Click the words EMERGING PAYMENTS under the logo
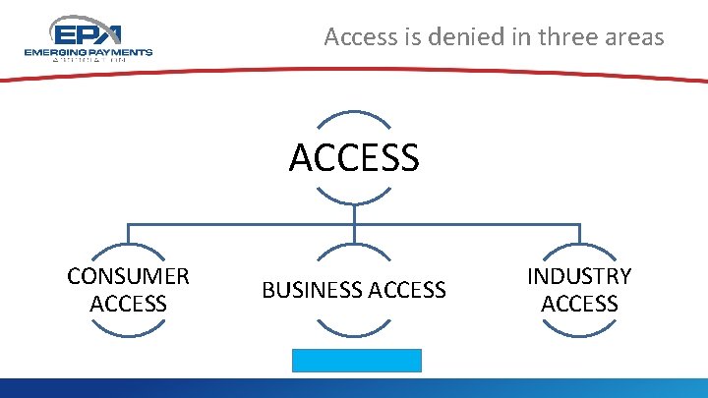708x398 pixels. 88,51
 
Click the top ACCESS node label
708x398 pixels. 354,157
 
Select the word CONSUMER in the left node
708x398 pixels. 128,276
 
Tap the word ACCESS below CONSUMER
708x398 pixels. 128,304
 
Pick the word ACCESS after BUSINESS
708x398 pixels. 405,290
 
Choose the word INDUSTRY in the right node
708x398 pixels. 579,276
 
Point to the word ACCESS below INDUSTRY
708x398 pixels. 579,304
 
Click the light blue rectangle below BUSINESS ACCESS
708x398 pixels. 356,360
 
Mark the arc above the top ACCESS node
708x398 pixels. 354,113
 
